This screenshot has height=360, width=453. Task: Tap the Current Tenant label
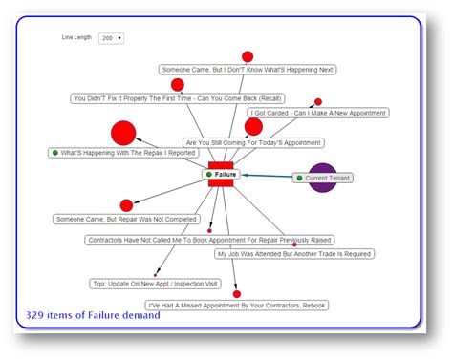click(327, 178)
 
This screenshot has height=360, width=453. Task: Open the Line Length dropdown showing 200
click(111, 38)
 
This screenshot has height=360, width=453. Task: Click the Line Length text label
click(76, 38)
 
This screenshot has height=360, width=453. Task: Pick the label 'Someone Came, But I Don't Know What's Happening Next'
click(248, 70)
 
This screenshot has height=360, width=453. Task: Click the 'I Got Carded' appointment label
click(318, 113)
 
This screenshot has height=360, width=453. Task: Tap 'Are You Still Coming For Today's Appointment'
click(253, 142)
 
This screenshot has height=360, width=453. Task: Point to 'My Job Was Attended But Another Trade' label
click(294, 254)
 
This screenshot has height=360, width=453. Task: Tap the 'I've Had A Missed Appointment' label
click(237, 305)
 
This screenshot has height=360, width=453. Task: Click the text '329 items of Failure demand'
click(93, 315)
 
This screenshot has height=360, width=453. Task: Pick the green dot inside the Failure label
click(209, 175)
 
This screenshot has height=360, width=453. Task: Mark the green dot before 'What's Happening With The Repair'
click(55, 153)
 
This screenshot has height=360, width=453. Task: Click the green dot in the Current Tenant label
click(299, 178)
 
